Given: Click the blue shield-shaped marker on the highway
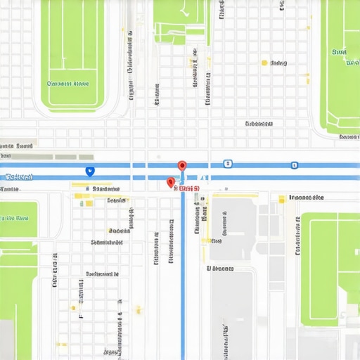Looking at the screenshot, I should (89, 171).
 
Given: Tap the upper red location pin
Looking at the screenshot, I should (182, 166).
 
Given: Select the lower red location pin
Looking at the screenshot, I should (170, 182).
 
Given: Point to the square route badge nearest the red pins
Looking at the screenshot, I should (226, 164).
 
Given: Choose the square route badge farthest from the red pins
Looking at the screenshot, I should (294, 165).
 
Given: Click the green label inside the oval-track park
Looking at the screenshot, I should (67, 84).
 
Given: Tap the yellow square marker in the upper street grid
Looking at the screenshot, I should (264, 63).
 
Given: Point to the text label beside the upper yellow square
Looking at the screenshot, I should (279, 63).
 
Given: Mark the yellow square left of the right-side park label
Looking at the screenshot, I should (281, 200).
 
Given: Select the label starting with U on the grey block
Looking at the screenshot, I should (219, 268).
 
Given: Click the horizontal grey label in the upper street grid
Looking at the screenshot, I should (259, 124).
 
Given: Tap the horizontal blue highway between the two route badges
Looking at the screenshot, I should (260, 166).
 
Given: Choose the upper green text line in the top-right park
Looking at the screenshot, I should (340, 52).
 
